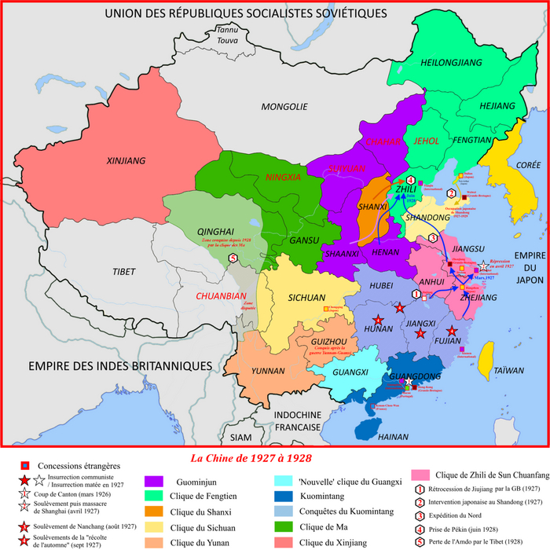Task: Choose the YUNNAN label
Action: [x=267, y=371]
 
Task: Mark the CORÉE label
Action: [x=508, y=164]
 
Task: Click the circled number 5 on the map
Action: [x=232, y=258]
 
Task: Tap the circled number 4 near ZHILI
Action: [x=411, y=180]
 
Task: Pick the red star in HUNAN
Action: [x=379, y=321]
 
